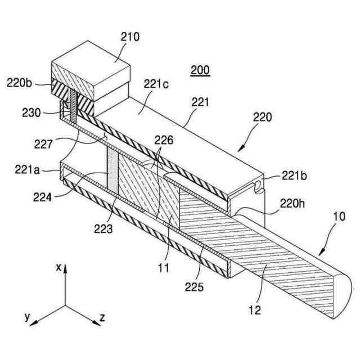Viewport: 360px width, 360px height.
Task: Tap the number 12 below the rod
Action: [x=255, y=308]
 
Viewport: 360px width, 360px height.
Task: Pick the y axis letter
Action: [x=26, y=317]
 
